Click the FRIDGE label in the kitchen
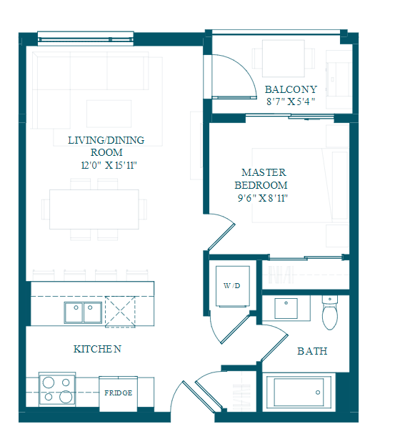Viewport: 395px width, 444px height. pos(119,393)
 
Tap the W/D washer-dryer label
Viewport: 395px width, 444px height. pos(231,286)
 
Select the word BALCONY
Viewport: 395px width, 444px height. pos(291,89)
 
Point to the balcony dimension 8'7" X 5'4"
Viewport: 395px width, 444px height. pos(291,102)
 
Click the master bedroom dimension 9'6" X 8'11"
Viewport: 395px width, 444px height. pos(263,198)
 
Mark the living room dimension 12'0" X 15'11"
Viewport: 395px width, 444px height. pos(109,165)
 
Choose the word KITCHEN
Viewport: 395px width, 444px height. pos(97,349)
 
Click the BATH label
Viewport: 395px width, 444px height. pos(312,351)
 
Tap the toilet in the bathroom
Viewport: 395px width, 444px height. pos(330,312)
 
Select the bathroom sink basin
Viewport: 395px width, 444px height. pos(286,308)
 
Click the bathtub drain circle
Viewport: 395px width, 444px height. pos(318,393)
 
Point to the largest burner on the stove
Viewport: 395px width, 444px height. pos(66,396)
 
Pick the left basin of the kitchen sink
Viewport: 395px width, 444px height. pos(74,312)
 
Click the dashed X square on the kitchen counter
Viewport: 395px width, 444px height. pos(120,312)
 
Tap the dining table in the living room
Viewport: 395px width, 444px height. pos(94,209)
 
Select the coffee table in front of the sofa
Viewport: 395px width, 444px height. pos(109,114)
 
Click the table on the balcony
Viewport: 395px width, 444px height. pos(284,59)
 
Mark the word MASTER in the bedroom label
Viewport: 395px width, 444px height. pos(264,172)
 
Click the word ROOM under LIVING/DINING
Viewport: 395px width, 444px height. pos(106,152)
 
